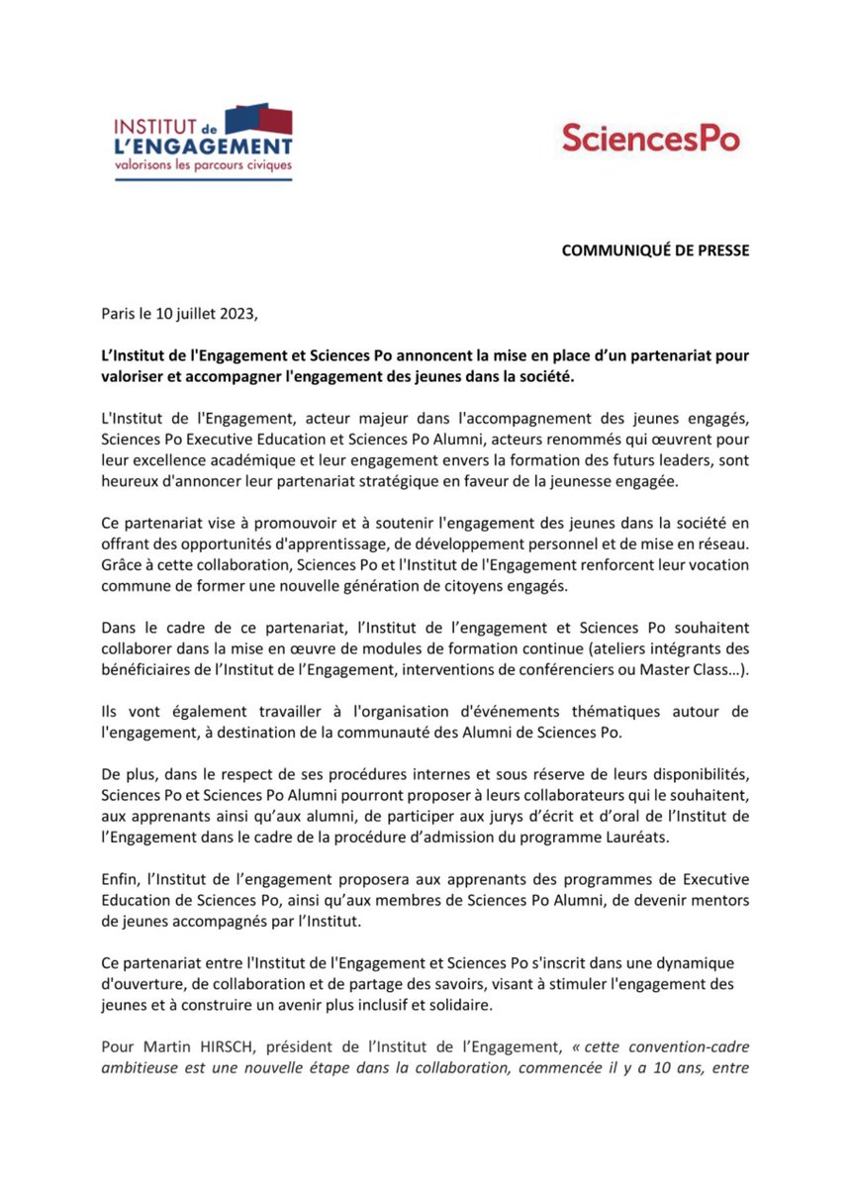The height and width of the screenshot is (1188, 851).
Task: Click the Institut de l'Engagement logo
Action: [x=203, y=138]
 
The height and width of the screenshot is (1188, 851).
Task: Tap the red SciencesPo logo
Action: [x=650, y=138]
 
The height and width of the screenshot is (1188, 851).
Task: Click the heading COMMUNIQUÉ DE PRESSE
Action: [x=655, y=250]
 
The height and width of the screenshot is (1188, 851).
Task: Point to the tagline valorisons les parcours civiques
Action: [x=204, y=164]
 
